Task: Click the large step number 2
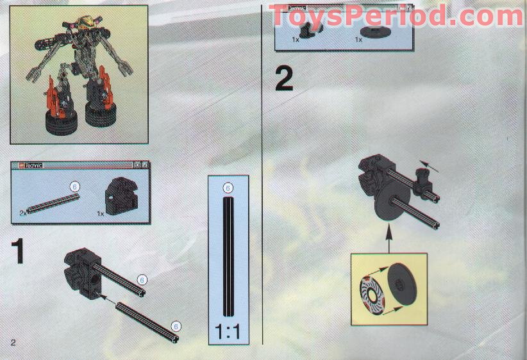pos(284,78)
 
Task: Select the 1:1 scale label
pos(228,333)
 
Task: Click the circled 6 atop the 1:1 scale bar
pos(227,188)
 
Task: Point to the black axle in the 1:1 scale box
pos(228,256)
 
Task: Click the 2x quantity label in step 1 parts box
pos(23,211)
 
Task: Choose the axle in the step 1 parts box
pos(54,200)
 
